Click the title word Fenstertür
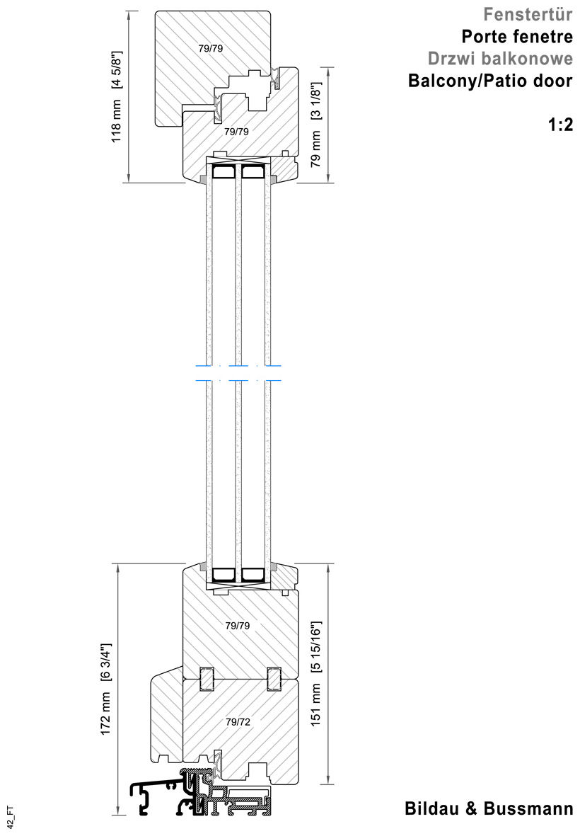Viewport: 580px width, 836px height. point(527,13)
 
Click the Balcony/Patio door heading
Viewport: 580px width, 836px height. point(489,81)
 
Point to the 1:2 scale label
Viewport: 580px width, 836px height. point(559,127)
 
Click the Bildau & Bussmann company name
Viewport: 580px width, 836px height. point(489,808)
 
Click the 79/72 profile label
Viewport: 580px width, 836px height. point(237,722)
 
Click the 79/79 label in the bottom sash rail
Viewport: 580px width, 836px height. point(237,626)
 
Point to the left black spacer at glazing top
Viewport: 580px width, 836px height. point(224,172)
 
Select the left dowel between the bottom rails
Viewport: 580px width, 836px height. point(207,678)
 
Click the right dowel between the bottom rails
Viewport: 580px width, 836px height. point(274,678)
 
